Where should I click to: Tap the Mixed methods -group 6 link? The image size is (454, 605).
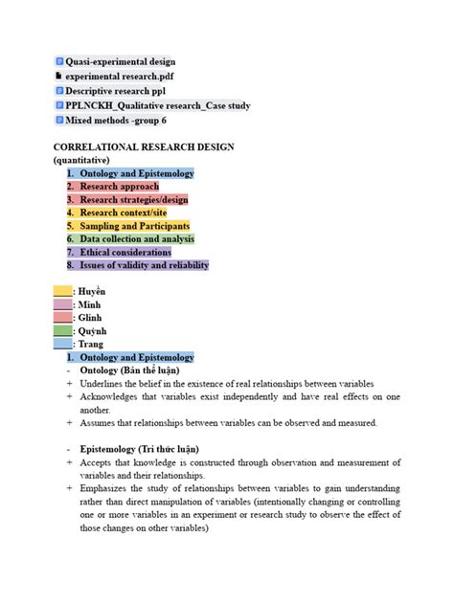click(x=115, y=121)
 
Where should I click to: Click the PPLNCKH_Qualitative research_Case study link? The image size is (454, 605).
click(x=157, y=105)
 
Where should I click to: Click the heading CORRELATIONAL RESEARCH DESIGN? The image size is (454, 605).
click(x=144, y=147)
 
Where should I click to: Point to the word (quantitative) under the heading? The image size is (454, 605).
click(x=81, y=160)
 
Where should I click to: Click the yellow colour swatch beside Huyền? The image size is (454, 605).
click(x=62, y=291)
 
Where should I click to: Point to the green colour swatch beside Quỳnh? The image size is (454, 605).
click(x=62, y=330)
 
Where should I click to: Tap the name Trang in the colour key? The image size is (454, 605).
click(x=90, y=344)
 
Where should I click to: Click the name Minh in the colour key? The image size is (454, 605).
click(x=89, y=304)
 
